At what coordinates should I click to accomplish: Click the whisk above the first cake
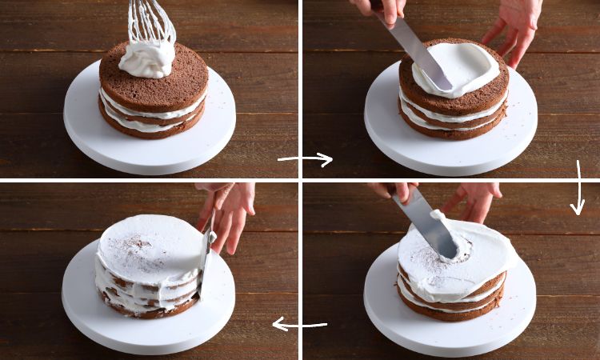tap(151, 22)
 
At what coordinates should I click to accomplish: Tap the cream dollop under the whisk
tap(147, 58)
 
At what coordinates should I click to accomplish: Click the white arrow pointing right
tap(306, 159)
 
